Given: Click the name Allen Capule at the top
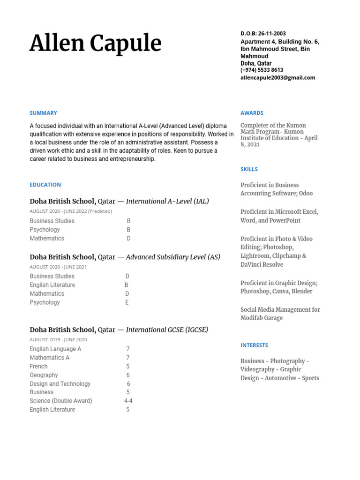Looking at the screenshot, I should (95, 44).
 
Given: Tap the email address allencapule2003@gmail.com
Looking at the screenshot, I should (277, 78).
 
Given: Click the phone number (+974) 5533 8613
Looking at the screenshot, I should (262, 70).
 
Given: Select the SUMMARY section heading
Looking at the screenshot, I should (43, 113).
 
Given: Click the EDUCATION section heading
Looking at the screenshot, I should (45, 185).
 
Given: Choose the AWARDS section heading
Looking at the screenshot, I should (252, 113).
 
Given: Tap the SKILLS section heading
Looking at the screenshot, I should (249, 169).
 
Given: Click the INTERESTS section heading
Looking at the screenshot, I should (254, 345).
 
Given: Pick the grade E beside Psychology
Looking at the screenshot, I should (127, 302).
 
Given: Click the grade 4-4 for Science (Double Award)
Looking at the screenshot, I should (128, 401).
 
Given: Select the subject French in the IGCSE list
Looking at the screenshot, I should (38, 366).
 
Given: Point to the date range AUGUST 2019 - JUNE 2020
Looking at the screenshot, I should (58, 339).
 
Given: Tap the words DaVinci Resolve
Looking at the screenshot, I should (262, 264).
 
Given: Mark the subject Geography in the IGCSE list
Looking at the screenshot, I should (44, 375).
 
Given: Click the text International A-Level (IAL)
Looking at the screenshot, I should (167, 201).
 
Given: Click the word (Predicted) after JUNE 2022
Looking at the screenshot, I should (100, 211).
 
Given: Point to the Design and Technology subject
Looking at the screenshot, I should (60, 383).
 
